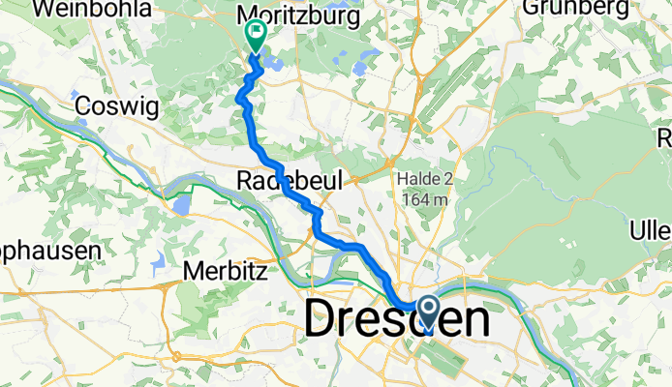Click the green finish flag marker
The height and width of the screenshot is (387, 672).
tap(256, 36)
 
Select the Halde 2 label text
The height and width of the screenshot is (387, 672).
tap(423, 179)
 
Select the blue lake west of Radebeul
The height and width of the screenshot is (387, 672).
tap(182, 205)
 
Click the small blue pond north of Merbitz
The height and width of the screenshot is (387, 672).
tap(158, 260)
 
